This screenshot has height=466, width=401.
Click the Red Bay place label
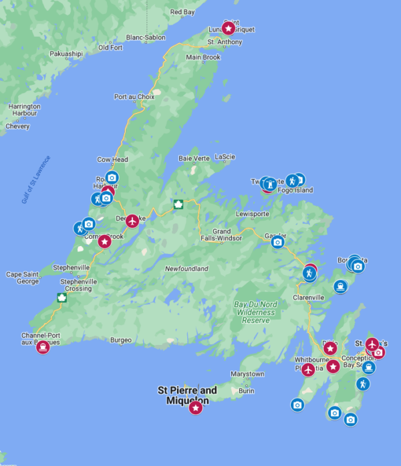pos(182,12)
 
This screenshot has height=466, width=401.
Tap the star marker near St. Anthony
pos(229,29)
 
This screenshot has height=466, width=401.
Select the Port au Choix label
pos(134,97)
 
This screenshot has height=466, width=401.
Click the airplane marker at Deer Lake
pos(132,220)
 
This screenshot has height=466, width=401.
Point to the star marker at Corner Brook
pos(104,241)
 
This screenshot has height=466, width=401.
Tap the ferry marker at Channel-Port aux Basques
pos(43,346)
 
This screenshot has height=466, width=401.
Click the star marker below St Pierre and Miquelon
pos(195,407)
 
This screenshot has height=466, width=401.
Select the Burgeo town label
pos(121,340)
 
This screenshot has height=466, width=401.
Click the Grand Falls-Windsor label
pos(221,235)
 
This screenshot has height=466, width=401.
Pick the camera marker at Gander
pos(277,241)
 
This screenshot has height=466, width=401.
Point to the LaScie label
pos(225,156)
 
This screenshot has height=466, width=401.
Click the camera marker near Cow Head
pos(112,177)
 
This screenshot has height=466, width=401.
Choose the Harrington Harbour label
pos(24,110)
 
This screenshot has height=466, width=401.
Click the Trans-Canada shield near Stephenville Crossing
pos(62,298)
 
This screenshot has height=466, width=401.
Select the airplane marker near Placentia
pos(308,370)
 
